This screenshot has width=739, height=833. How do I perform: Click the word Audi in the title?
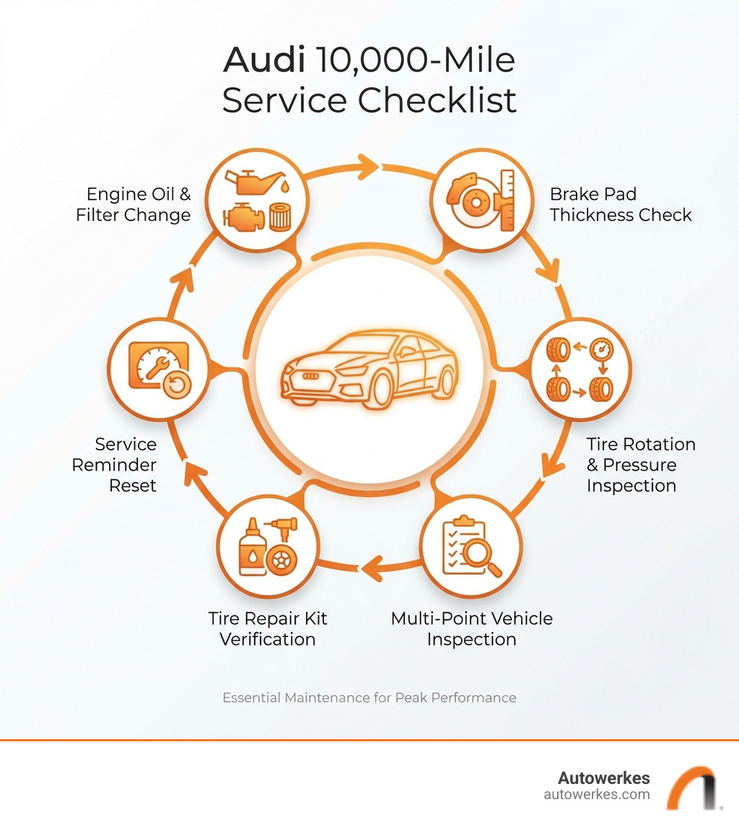(265, 61)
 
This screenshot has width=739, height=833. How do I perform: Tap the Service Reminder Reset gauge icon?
(157, 369)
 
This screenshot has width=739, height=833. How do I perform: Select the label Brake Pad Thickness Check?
(620, 204)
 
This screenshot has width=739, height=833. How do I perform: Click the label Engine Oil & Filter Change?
(134, 204)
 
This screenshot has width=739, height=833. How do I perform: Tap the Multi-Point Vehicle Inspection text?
(471, 629)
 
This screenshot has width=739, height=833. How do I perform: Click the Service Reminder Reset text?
(114, 464)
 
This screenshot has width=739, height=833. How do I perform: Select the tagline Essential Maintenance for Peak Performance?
(369, 698)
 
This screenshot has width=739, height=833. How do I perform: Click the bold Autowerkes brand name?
(603, 778)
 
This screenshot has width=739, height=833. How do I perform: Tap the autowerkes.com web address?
(596, 795)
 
